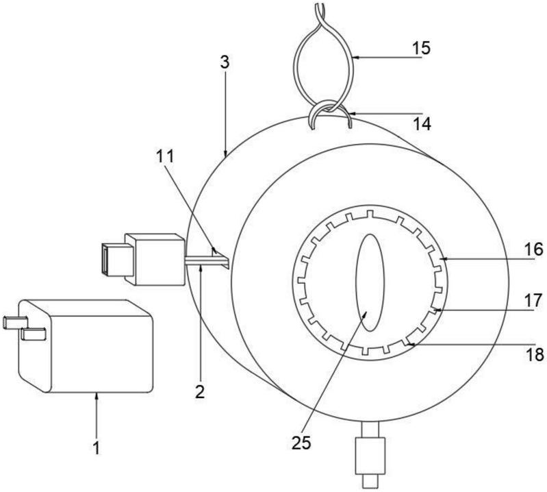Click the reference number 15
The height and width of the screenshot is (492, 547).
(421, 48)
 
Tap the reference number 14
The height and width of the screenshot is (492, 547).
(422, 123)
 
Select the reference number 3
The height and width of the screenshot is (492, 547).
(225, 62)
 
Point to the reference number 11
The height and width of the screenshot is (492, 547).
(165, 157)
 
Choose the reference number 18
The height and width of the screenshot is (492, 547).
(535, 355)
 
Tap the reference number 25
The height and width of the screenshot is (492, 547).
(301, 443)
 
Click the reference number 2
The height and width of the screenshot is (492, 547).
(200, 392)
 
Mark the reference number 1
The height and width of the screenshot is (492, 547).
(97, 447)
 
